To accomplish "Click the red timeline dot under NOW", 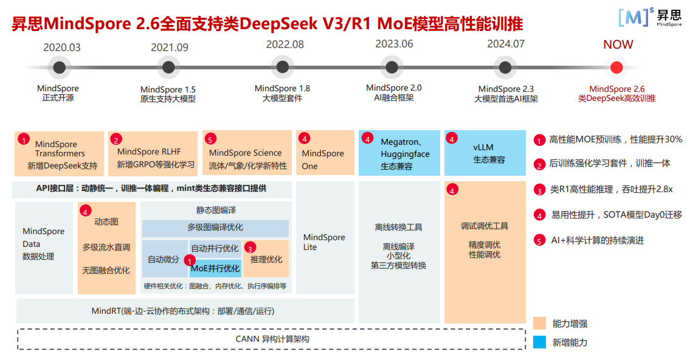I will (616, 67).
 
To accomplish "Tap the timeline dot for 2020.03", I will (58, 67).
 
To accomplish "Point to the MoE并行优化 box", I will (216, 268).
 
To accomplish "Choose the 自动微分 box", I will (164, 259).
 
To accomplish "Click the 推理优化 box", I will (266, 259).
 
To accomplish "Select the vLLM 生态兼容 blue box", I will (485, 153).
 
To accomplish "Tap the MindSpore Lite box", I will (324, 241).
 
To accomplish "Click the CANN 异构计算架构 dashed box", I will (271, 339).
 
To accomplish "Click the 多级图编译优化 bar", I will (215, 228).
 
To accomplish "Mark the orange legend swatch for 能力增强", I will (539, 323).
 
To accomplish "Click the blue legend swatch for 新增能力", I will (539, 342).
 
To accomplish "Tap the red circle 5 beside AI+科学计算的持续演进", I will (539, 240).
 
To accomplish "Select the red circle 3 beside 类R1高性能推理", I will (539, 190).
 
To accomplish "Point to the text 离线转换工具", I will (398, 227).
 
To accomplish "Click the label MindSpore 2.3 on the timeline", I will (506, 89).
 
